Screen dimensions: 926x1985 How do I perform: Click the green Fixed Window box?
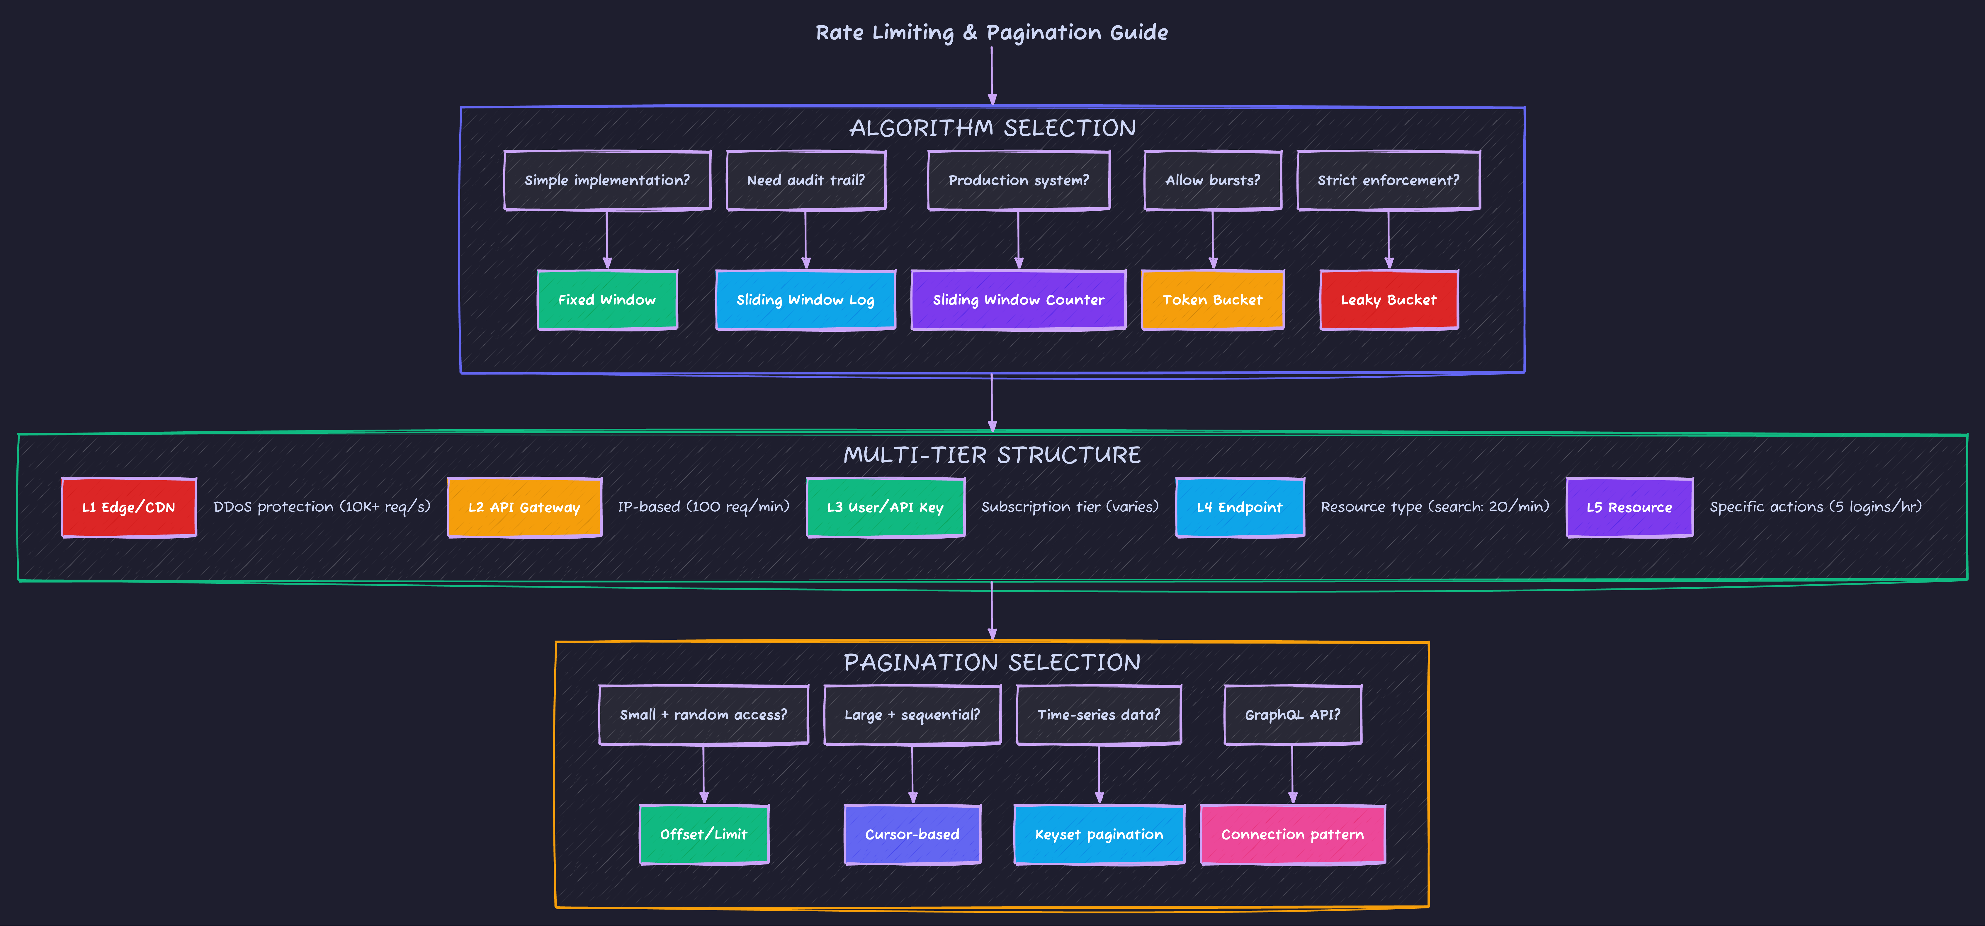click(x=607, y=300)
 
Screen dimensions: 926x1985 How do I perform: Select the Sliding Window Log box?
click(x=805, y=300)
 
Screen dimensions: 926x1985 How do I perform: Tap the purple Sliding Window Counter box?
click(x=1018, y=300)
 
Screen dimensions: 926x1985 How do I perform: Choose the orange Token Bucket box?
click(x=1212, y=300)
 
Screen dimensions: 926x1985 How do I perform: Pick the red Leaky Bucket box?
click(x=1389, y=300)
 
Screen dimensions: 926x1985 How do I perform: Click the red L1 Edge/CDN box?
click(x=129, y=507)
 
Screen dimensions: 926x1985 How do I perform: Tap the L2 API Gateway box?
click(x=524, y=507)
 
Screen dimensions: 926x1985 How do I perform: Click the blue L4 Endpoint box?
click(x=1239, y=507)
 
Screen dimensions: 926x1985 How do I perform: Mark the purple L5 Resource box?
click(x=1629, y=507)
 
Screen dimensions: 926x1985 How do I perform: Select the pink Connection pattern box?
click(x=1292, y=834)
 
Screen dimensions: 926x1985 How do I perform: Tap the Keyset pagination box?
click(x=1099, y=834)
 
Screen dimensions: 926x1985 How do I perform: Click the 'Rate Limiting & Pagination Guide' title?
click(x=992, y=32)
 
